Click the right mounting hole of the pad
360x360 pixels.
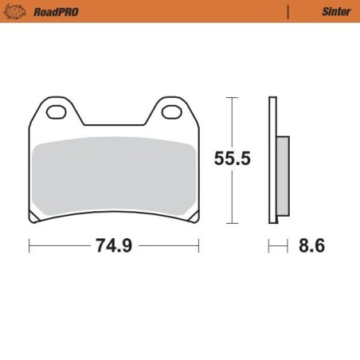click(171, 112)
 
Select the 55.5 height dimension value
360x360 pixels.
click(232, 158)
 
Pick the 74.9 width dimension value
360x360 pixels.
click(113, 246)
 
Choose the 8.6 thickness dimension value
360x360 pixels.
click(311, 246)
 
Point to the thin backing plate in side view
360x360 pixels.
click(272, 159)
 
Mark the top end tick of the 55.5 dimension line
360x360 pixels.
click(232, 97)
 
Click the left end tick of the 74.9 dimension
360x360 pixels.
click(29, 246)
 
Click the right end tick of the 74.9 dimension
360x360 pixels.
click(199, 246)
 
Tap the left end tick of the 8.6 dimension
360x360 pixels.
click(269, 246)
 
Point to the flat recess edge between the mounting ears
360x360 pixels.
click(114, 125)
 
